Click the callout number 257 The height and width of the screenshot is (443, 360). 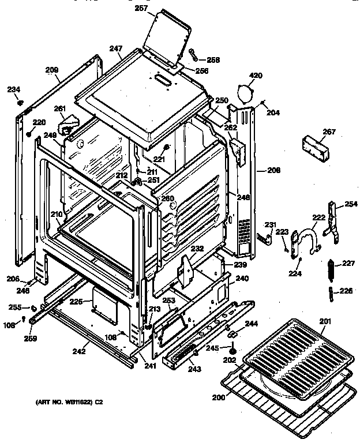click(x=141, y=9)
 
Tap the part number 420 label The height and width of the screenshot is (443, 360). click(x=255, y=75)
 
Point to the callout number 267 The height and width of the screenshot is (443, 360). click(x=328, y=132)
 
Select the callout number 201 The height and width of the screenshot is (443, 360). click(x=326, y=321)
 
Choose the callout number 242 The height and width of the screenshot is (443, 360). click(x=79, y=350)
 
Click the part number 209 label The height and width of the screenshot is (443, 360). click(x=52, y=70)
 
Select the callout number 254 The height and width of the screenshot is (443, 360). click(x=351, y=204)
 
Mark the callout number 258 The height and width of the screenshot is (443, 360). click(x=213, y=59)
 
